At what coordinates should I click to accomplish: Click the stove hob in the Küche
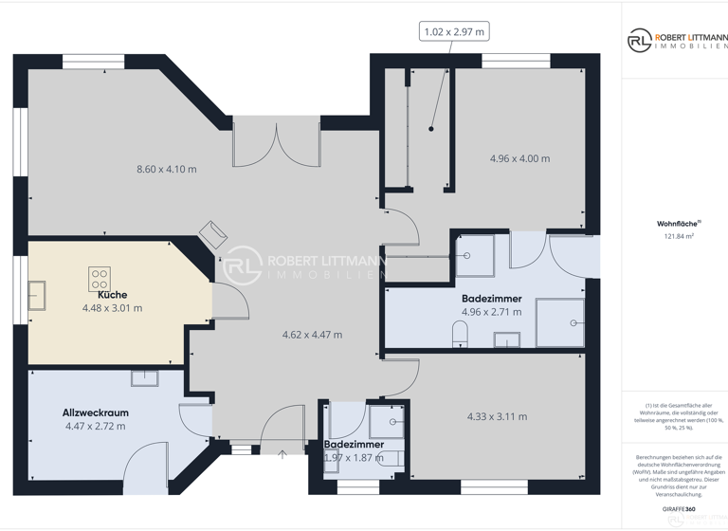tap(100, 279)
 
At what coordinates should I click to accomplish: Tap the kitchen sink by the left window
tap(39, 295)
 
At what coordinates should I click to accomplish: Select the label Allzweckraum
tap(95, 412)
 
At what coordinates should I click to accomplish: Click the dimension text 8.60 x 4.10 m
tap(167, 169)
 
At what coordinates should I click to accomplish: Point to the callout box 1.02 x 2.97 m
tap(454, 32)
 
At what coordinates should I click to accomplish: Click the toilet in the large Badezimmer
tap(461, 333)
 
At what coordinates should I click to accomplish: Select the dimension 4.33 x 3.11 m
tap(497, 416)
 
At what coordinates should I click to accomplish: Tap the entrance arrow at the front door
tap(282, 455)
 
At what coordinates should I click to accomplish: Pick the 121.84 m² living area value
tap(679, 237)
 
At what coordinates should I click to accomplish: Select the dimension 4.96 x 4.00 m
tap(519, 158)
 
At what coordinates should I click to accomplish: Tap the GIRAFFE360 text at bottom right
tap(679, 509)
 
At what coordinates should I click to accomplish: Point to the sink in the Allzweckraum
tap(144, 378)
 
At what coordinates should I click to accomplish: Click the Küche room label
tap(112, 295)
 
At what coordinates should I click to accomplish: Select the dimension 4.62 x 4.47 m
tap(312, 334)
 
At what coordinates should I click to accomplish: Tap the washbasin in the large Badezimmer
tap(507, 339)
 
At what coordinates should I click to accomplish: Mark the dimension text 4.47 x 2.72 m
tap(95, 426)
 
